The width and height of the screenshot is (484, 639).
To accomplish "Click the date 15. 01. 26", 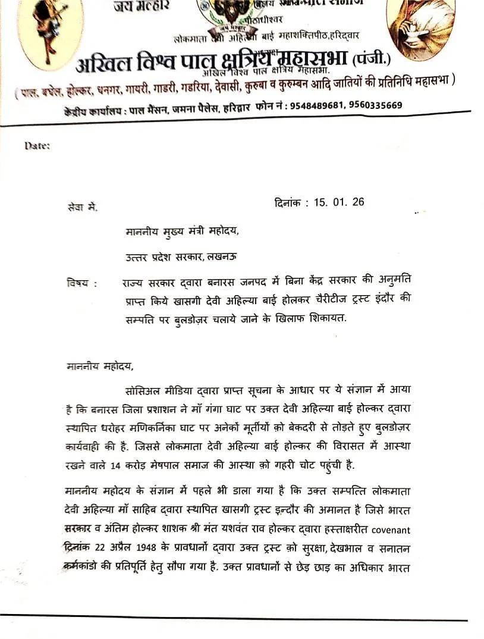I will click(335, 202).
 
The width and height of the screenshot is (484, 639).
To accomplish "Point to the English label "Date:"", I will click(37, 145).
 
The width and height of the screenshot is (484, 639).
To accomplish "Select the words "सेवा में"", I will click(82, 208).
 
